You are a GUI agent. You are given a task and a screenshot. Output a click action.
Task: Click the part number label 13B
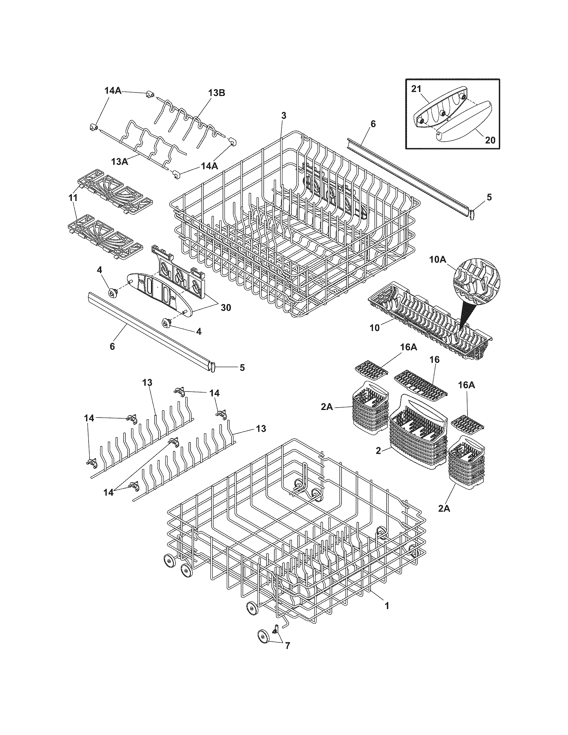tap(216, 93)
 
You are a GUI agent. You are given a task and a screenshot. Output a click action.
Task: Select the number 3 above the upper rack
tap(283, 116)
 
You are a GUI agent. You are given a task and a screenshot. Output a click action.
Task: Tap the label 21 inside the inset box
tap(416, 89)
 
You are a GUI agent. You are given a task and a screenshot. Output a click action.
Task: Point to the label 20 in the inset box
tap(490, 140)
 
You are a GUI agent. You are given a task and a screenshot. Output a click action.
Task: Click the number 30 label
tap(226, 307)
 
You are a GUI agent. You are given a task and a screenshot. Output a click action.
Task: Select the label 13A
tap(120, 162)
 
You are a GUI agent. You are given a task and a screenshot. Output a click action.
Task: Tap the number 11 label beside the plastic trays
tap(73, 198)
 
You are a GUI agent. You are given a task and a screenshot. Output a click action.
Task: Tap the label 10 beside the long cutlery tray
tap(375, 328)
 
